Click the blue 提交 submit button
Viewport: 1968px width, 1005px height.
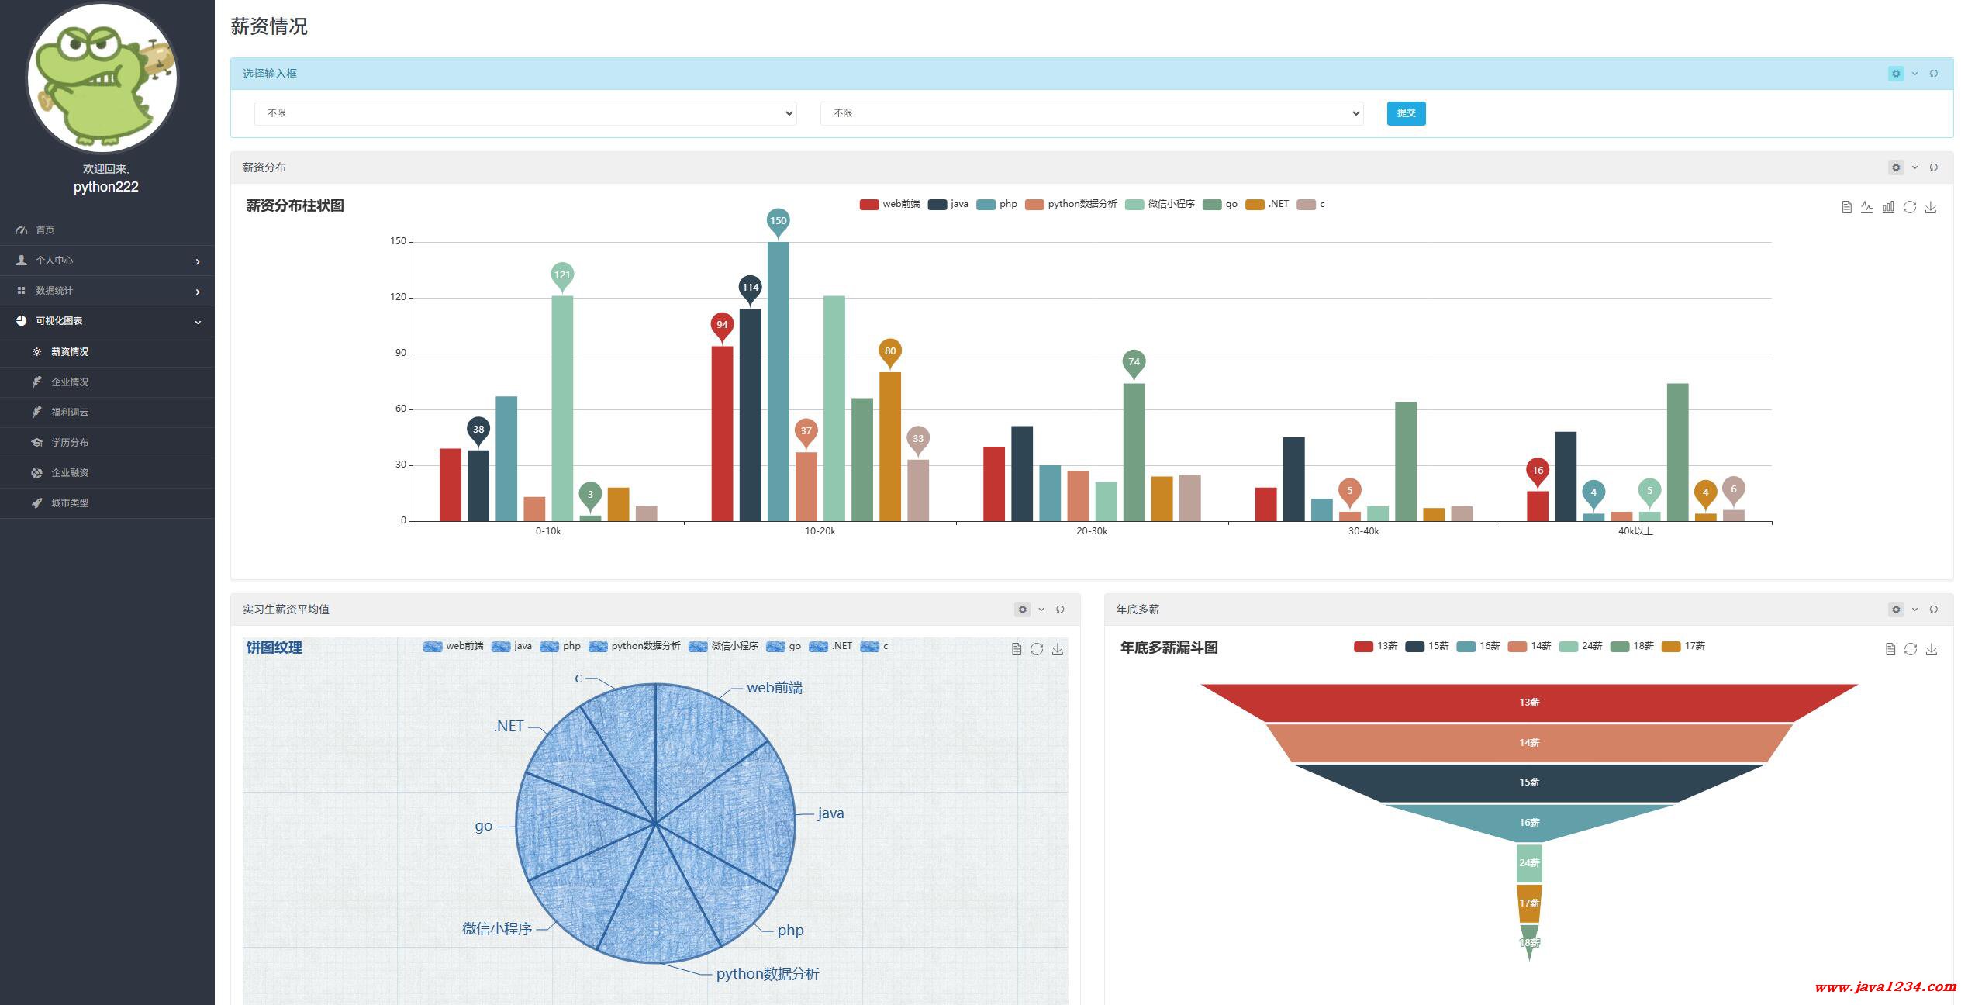coord(1405,113)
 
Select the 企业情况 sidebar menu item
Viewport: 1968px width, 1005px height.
coord(70,382)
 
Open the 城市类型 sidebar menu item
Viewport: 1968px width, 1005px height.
coord(70,502)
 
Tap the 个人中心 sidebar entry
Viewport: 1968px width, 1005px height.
coord(54,261)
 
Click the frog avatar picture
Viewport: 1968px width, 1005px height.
coord(102,78)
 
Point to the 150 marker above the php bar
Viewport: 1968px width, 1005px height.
coord(778,221)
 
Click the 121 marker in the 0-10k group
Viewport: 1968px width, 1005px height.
coord(562,275)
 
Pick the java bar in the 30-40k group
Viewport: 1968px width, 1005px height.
coord(1293,478)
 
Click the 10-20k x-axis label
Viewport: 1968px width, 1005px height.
coord(820,531)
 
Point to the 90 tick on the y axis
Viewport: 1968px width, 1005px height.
coord(400,353)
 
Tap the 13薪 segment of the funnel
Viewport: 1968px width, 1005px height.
coord(1528,703)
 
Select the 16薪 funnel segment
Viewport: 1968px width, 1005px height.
coord(1528,822)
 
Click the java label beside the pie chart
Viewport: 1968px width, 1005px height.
coord(830,813)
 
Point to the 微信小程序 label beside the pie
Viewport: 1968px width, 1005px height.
coord(497,928)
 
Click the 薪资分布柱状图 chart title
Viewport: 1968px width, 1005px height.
coord(295,205)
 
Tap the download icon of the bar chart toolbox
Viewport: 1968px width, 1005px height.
coord(1931,207)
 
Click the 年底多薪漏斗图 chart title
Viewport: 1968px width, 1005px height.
coord(1169,648)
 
